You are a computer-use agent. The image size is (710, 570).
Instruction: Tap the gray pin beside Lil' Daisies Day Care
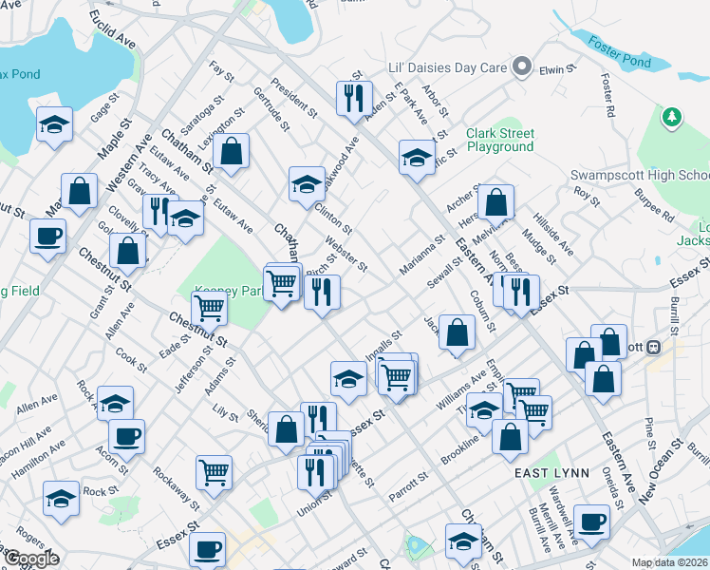click(521, 67)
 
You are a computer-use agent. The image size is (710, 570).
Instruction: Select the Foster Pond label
click(618, 50)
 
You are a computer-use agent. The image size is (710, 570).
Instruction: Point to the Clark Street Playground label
click(499, 141)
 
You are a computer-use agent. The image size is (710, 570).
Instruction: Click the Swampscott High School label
click(640, 176)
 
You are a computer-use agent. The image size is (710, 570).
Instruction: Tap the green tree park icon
click(673, 117)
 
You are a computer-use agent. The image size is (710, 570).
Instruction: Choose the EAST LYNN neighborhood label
click(551, 472)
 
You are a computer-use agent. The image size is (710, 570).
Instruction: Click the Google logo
click(31, 559)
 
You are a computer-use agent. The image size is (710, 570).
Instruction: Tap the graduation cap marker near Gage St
click(55, 124)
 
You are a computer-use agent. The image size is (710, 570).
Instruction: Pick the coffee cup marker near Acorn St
click(125, 436)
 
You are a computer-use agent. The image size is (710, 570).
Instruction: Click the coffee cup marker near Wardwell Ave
click(591, 522)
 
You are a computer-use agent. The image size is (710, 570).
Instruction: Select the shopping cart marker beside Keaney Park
click(209, 308)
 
